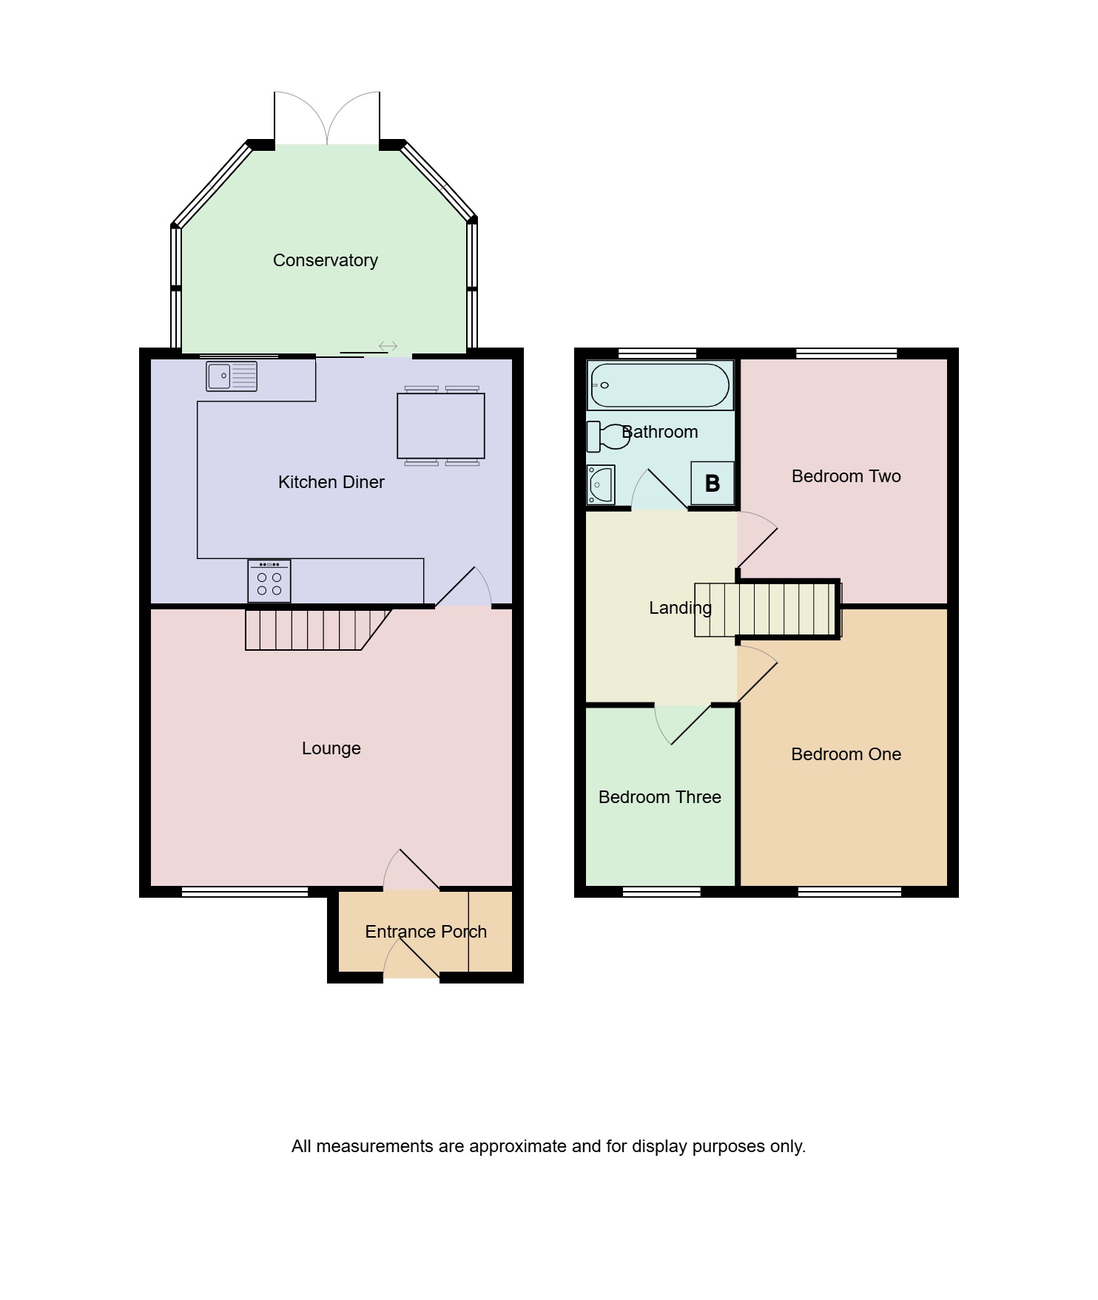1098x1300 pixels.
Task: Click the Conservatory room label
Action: pos(326,260)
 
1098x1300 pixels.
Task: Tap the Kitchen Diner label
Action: pos(331,482)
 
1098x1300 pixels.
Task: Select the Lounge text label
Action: pos(331,748)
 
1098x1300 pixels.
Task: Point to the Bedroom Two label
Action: pos(846,476)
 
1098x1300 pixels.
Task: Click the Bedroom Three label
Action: pos(660,797)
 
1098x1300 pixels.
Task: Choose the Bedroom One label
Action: pos(846,754)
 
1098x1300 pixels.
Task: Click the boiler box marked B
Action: pos(713,483)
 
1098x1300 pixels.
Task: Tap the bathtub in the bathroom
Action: pos(660,385)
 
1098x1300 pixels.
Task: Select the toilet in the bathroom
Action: pos(607,436)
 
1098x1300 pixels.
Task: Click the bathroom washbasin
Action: pos(601,484)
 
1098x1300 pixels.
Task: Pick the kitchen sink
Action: pos(232,376)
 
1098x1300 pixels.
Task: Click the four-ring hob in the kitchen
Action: pos(269,581)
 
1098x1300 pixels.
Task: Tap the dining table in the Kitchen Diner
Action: pos(441,426)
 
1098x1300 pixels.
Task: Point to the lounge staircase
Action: pos(318,629)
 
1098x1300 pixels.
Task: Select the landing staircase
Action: pos(768,610)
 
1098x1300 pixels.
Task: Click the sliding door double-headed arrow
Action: pos(388,346)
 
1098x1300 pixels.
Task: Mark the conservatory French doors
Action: pos(327,118)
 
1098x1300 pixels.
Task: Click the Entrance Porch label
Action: pos(426,932)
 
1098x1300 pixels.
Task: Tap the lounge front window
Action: pos(245,892)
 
